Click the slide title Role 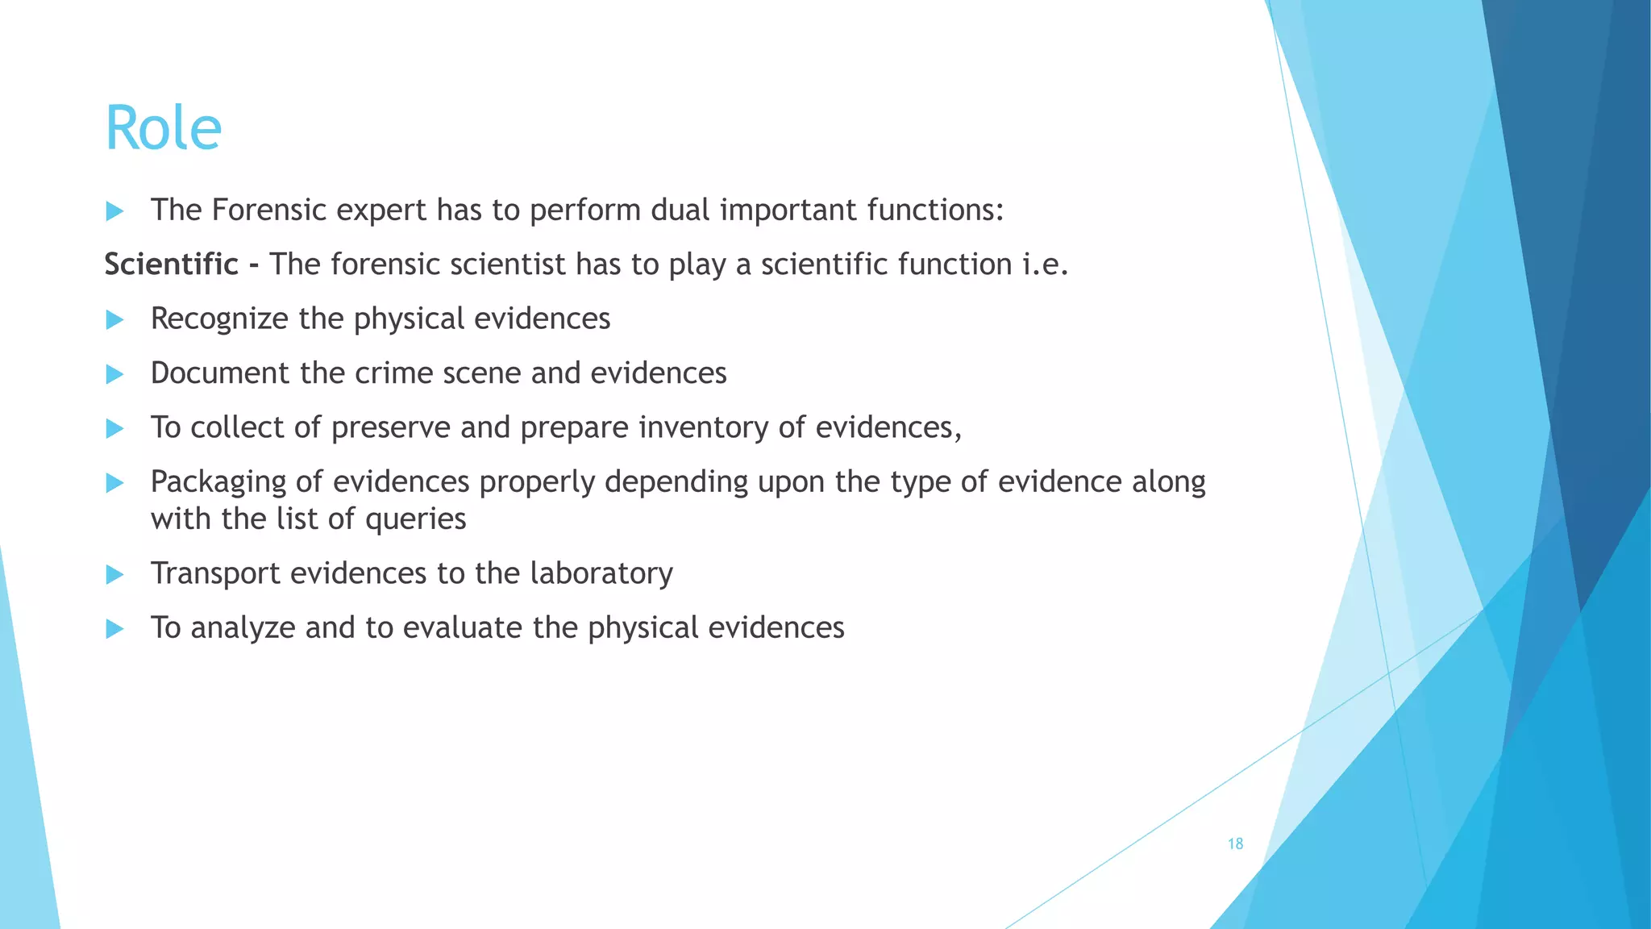pos(163,127)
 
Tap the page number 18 pos(1235,844)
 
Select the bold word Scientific pos(171,265)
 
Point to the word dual pos(680,210)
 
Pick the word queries pos(415,519)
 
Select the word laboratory pos(601,573)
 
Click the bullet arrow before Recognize pos(114,320)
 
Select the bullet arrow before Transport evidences pos(114,575)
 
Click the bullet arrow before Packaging pos(114,483)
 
